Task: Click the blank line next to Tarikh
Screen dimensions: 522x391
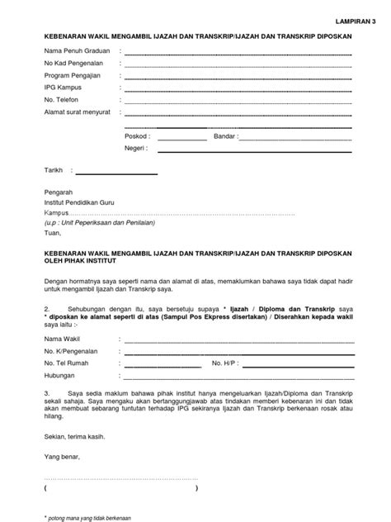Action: click(x=116, y=173)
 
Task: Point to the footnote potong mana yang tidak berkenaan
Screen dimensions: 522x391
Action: click(x=91, y=516)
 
